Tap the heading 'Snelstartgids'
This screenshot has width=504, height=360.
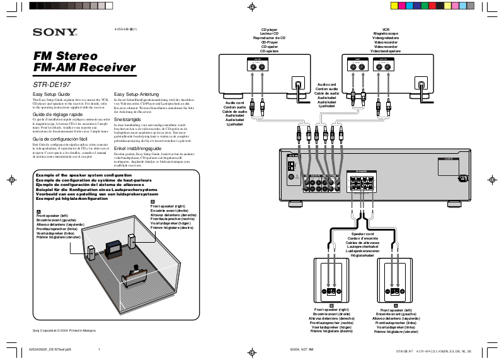tap(128, 119)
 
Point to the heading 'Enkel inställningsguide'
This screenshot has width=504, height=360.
tap(137, 148)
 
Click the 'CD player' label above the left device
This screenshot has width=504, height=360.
tap(269, 30)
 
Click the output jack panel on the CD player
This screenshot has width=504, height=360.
tap(257, 65)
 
